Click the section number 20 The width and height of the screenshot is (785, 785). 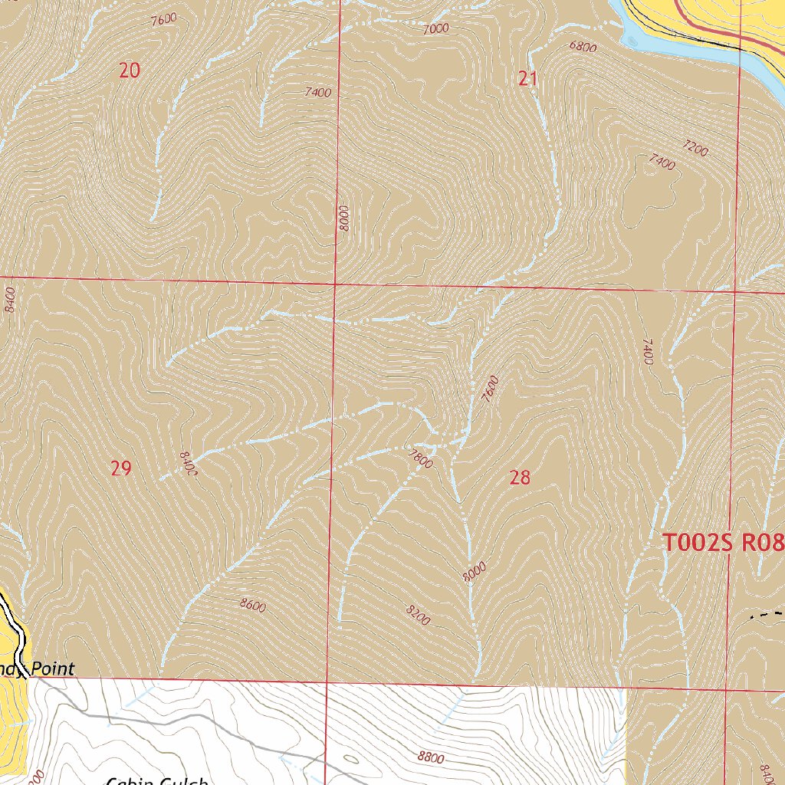[x=130, y=71]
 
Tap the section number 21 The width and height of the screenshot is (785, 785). [x=527, y=77]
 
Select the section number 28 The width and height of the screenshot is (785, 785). [x=520, y=478]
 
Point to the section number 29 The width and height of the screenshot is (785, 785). [x=121, y=468]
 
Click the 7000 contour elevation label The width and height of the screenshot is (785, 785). [x=435, y=29]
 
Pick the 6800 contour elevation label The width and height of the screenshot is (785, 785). [x=583, y=46]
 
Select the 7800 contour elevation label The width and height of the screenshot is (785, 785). [x=421, y=458]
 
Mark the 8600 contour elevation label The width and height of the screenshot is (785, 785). [x=252, y=606]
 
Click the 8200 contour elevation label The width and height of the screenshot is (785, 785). [x=418, y=613]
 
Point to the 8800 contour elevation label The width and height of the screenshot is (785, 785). [x=431, y=757]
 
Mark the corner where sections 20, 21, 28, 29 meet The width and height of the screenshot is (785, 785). [x=335, y=284]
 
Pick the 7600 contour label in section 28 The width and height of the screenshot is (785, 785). [x=490, y=389]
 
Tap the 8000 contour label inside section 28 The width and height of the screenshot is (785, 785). [x=475, y=572]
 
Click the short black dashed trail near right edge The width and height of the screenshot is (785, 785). [x=767, y=614]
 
